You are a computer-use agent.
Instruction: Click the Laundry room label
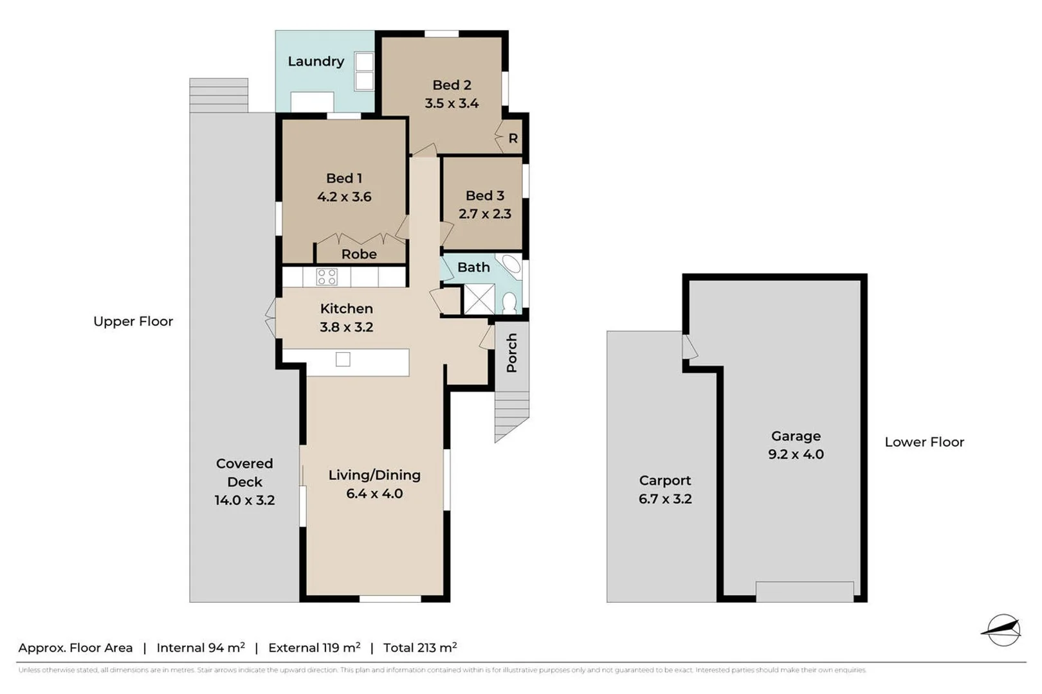click(315, 61)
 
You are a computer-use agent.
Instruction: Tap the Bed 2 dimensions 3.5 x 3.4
click(451, 103)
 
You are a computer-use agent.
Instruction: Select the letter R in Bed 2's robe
click(513, 138)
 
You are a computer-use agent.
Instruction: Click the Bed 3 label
click(484, 195)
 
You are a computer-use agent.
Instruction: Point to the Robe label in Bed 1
click(359, 254)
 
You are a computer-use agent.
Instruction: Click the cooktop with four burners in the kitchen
click(327, 277)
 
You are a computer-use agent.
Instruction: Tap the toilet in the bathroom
click(509, 303)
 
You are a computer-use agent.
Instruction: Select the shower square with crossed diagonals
click(479, 299)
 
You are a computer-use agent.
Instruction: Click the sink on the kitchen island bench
click(343, 359)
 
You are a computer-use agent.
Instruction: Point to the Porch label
click(511, 353)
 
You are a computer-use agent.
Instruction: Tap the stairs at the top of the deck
click(219, 95)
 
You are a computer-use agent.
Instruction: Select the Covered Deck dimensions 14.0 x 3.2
click(244, 500)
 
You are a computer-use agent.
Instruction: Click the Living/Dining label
click(374, 475)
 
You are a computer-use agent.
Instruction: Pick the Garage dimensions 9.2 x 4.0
click(796, 454)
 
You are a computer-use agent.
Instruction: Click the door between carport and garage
click(689, 347)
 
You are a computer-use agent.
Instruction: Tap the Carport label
click(664, 481)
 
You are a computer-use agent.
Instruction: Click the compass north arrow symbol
click(1001, 630)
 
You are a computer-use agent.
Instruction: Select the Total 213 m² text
click(419, 648)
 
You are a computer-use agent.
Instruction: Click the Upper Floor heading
click(133, 321)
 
